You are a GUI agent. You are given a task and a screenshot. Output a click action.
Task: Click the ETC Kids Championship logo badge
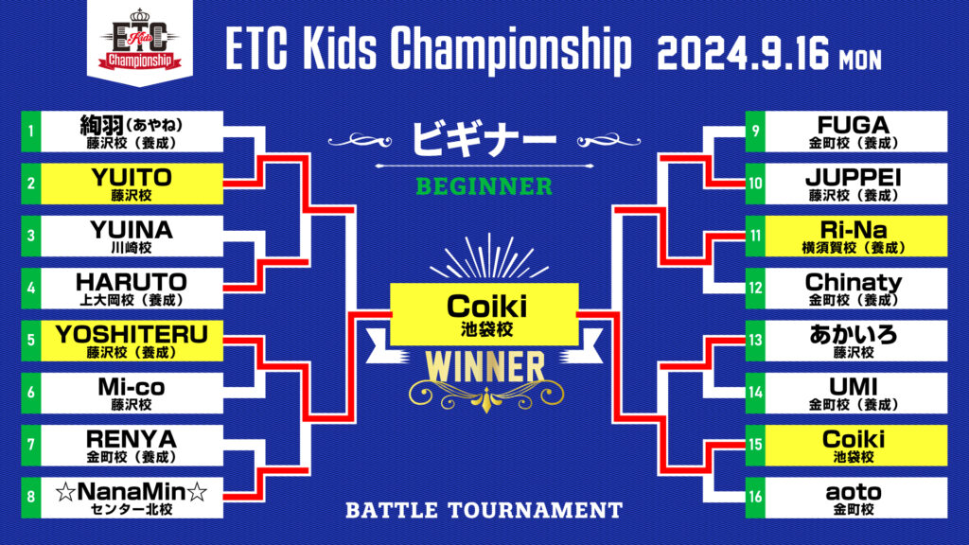[x=140, y=41]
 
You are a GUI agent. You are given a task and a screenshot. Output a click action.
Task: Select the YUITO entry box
[x=132, y=184]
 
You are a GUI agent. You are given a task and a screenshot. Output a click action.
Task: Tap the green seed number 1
[x=31, y=132]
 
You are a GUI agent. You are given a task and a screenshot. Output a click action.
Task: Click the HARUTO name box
[x=132, y=288]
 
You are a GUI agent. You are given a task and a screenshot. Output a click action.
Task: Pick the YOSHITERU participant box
[x=132, y=341]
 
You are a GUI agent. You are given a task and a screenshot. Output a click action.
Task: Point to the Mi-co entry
[x=132, y=393]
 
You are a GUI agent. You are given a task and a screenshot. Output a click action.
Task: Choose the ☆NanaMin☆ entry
[x=132, y=498]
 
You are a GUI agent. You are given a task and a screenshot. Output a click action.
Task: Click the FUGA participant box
[x=855, y=132]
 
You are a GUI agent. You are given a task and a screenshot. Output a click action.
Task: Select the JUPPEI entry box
[x=855, y=184]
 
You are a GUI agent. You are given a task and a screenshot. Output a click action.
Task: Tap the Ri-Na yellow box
[x=855, y=236]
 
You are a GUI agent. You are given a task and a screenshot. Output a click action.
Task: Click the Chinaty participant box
[x=855, y=288]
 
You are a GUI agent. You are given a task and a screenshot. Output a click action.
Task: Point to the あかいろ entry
[x=855, y=341]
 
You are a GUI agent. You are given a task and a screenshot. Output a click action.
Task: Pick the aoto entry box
[x=855, y=498]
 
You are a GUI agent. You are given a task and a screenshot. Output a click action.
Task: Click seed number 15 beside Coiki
[x=755, y=445]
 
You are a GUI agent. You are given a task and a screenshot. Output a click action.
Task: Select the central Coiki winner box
[x=484, y=314]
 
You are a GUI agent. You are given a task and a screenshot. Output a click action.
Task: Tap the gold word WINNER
[x=485, y=368]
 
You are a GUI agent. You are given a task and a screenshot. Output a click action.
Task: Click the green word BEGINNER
[x=484, y=186]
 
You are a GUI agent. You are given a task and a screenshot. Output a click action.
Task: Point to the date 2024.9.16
[x=742, y=54]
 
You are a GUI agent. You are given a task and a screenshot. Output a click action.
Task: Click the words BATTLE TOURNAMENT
[x=484, y=510]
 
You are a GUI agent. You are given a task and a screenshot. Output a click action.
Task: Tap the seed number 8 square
[x=31, y=498]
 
